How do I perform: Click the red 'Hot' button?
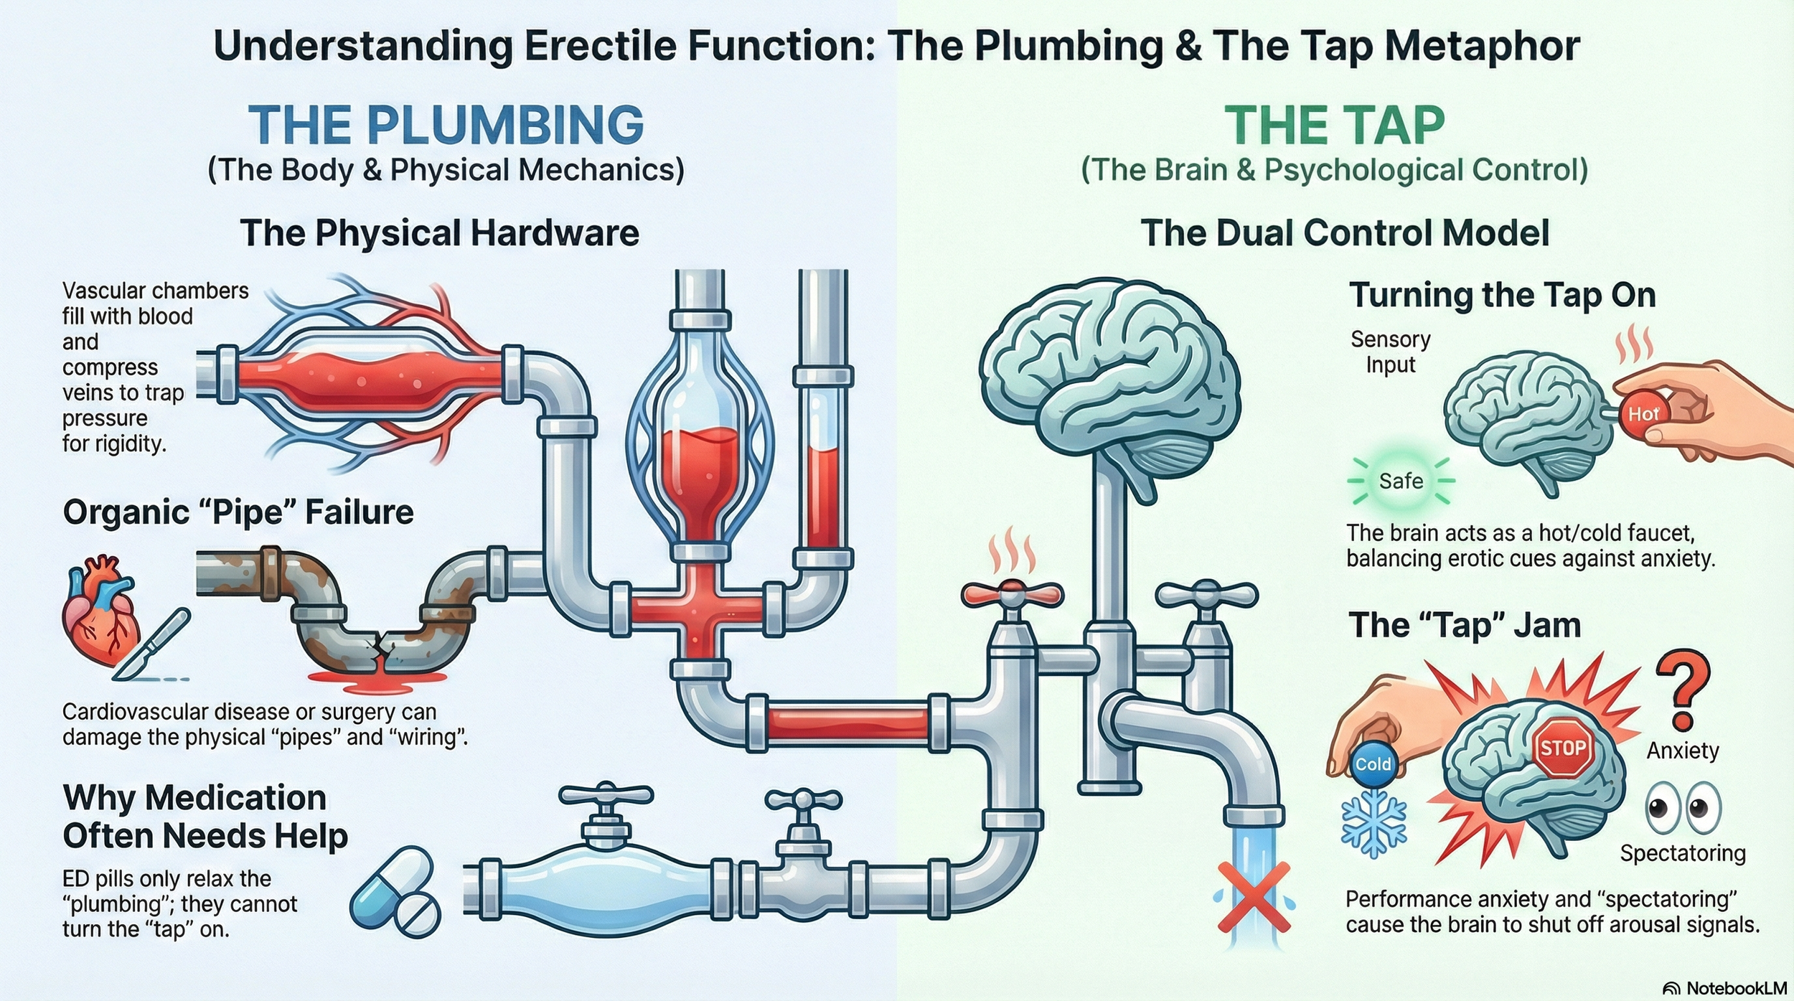(1642, 414)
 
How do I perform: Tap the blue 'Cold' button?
(1373, 764)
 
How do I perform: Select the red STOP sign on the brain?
(1562, 749)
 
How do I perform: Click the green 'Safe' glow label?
(1401, 481)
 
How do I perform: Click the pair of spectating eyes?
(1682, 808)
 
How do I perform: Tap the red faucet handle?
(1012, 593)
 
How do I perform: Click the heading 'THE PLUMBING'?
(446, 125)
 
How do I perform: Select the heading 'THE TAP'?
(1334, 126)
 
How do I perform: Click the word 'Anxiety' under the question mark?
(1682, 751)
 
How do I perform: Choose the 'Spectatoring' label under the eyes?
(1682, 853)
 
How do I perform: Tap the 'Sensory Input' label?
(1390, 352)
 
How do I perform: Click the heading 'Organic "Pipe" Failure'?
(238, 512)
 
